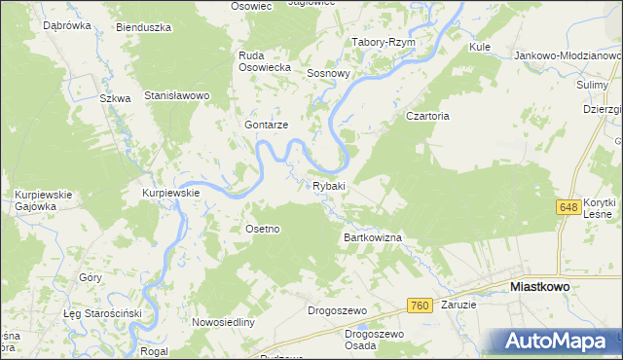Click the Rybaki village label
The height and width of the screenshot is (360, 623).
[329, 185]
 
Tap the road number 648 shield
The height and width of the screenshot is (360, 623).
[569, 207]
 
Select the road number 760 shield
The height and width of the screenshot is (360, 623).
[420, 306]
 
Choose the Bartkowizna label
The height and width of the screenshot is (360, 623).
[372, 236]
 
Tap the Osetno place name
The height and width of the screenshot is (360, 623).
[262, 229]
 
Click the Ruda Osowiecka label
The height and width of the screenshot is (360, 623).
[266, 61]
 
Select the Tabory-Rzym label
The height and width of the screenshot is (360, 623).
[384, 43]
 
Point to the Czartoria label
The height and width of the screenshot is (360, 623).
[426, 116]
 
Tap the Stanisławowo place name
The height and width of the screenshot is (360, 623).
[178, 95]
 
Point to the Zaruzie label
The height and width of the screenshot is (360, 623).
[458, 305]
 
